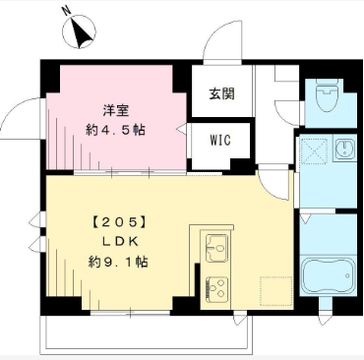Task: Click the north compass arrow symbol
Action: [82, 33]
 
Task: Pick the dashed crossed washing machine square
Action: [314, 151]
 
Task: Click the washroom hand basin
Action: [343, 151]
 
